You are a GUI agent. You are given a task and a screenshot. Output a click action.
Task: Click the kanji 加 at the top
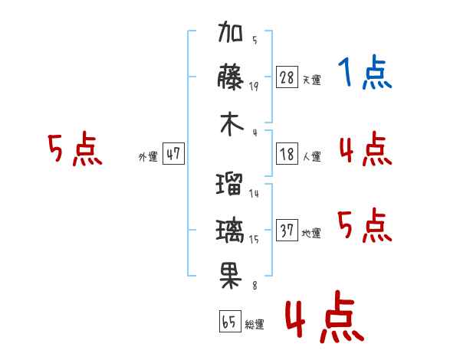coord(231,34)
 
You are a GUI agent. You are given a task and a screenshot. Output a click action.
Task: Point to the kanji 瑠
coord(231,184)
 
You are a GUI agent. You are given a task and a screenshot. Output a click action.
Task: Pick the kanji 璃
coord(231,229)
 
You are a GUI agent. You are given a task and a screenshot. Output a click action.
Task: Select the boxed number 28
coord(287,77)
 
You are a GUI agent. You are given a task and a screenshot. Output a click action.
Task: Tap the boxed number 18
coord(287,154)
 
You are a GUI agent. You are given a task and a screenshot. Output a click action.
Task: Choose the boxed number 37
coord(287,231)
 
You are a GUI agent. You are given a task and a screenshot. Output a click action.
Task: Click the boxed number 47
coord(173,154)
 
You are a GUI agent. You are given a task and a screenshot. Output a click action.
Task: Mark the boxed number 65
coord(228,322)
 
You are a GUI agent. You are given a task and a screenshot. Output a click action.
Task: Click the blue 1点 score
coord(365,74)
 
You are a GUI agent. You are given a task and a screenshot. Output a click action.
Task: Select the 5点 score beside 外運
coord(74,150)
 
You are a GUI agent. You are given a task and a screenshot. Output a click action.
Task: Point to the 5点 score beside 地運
coord(365,227)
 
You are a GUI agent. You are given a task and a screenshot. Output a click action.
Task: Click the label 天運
coord(312,80)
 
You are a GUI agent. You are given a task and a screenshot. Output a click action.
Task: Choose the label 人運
coord(312,157)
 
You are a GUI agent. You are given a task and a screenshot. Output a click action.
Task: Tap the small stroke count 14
coord(254,194)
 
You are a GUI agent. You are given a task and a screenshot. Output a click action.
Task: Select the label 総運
coord(255,325)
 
